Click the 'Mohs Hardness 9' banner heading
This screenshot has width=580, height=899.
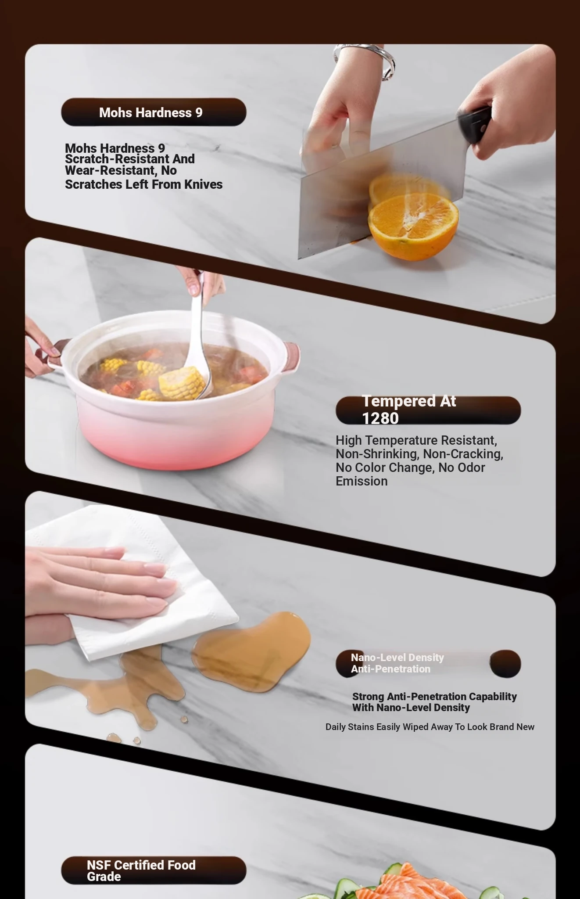[x=150, y=113]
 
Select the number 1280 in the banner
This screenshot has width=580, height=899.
[x=380, y=418]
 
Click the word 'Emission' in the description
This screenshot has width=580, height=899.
[x=362, y=482]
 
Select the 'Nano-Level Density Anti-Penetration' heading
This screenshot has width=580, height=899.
[x=397, y=663]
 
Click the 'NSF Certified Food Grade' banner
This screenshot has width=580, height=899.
[x=153, y=870]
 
